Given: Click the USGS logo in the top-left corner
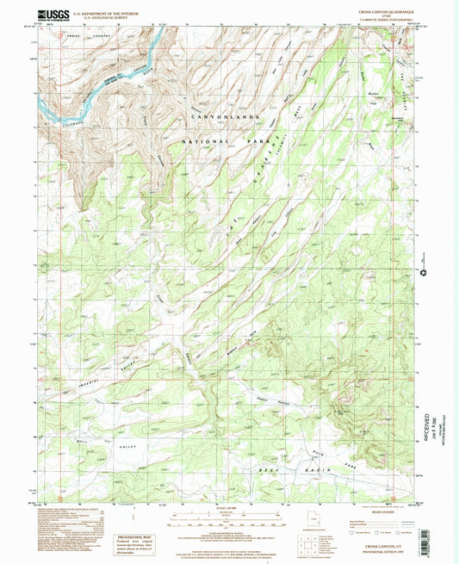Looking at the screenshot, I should pos(53,15).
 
